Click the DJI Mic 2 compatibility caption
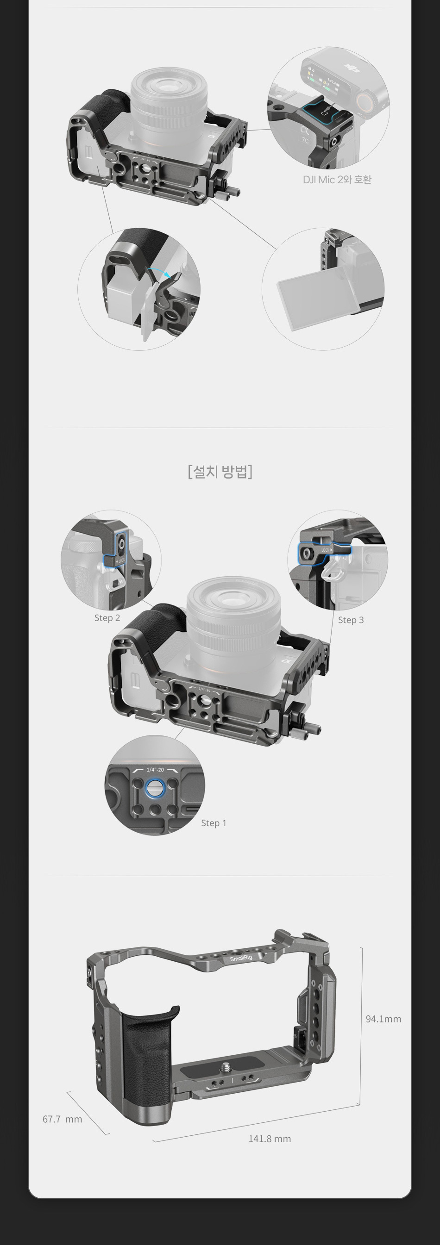(337, 180)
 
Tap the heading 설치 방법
(220, 471)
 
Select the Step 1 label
(214, 822)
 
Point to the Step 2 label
(107, 618)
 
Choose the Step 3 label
(351, 620)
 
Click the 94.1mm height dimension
(383, 1019)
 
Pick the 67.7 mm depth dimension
(63, 1119)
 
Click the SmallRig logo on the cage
(241, 958)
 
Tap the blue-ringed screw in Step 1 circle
(155, 789)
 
